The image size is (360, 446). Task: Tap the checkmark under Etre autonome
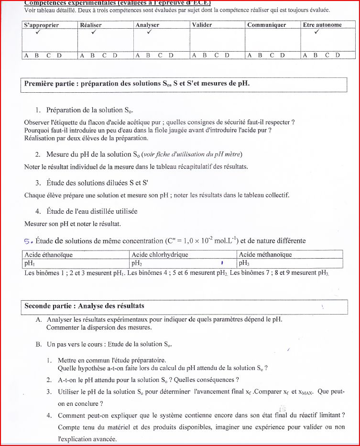click(316, 33)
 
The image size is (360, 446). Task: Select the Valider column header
click(202, 25)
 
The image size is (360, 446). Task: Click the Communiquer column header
click(266, 25)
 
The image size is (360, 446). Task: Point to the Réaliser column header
click(91, 25)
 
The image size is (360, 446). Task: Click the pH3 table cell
click(243, 263)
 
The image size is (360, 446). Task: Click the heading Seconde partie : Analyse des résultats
click(84, 306)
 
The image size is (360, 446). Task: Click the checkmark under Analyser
click(150, 33)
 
